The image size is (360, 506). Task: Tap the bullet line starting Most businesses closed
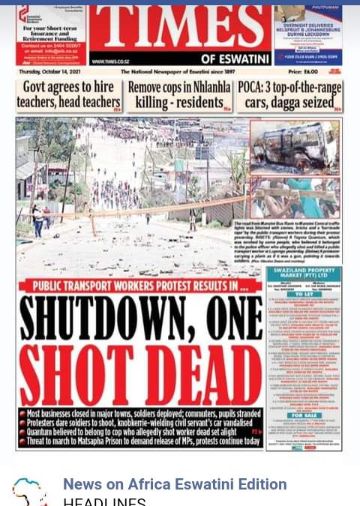point(139,414)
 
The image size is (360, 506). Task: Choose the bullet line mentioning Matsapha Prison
point(139,442)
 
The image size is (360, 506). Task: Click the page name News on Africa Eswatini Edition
point(175,485)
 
